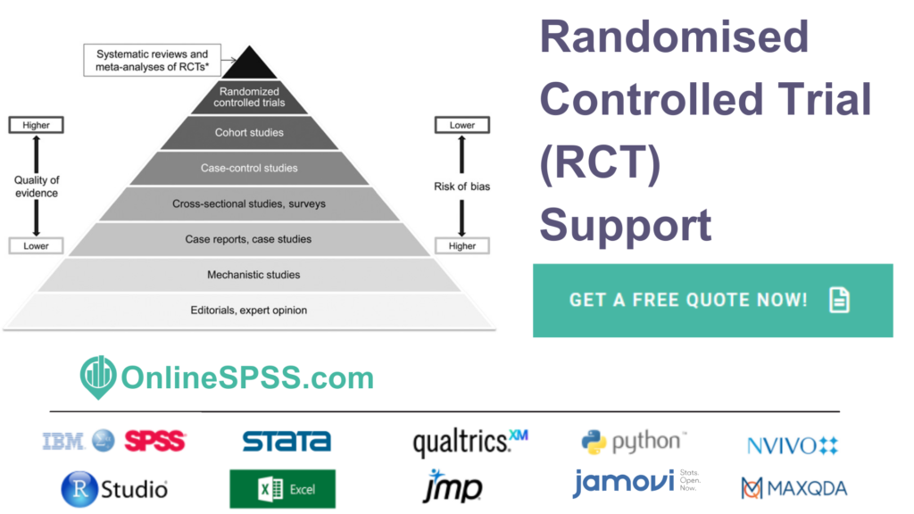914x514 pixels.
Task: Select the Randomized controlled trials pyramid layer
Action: coord(249,97)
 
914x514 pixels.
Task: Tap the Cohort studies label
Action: coord(249,133)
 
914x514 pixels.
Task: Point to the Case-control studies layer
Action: coord(249,168)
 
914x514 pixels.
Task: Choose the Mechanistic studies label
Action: coord(249,275)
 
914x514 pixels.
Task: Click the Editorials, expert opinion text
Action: coord(249,311)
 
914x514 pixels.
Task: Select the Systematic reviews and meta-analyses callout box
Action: coord(152,61)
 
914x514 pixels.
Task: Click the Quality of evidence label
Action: coord(36,187)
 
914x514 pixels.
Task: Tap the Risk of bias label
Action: coord(462,187)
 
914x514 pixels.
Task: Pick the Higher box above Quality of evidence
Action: coord(36,126)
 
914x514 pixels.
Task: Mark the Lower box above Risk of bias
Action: coord(462,126)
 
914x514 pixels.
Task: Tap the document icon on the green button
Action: coord(839,300)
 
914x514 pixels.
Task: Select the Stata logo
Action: coord(287,441)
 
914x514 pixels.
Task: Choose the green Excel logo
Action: coord(283,489)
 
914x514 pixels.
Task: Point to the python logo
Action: coord(634,441)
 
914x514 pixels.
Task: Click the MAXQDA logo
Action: coord(794,488)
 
